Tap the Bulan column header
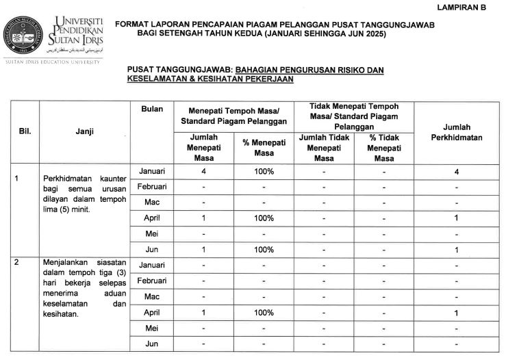(151, 110)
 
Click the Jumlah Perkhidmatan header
(457, 132)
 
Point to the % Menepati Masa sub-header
(264, 148)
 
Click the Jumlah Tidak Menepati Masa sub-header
(324, 148)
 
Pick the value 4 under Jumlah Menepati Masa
(204, 171)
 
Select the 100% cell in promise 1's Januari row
(264, 171)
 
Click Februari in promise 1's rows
(152, 187)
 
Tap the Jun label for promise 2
(152, 344)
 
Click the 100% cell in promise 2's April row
(264, 313)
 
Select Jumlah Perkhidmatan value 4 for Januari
(457, 171)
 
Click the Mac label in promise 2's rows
(152, 297)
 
